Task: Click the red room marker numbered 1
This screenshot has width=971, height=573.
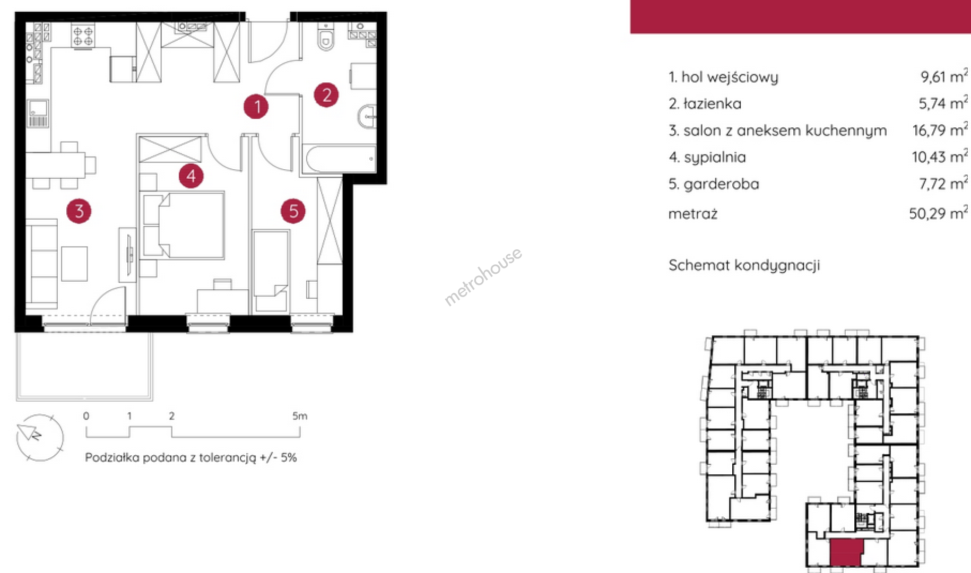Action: pos(256,107)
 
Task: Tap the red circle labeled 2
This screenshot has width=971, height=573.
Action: pos(326,95)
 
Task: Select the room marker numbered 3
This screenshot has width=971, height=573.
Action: pos(79,211)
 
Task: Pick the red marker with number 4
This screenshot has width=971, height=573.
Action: pos(191,176)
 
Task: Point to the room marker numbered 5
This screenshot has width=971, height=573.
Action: pos(293,211)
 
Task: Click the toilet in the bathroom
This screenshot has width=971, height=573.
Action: pos(325,37)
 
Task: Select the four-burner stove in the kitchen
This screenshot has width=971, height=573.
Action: pos(83,36)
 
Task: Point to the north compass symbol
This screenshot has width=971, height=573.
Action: pos(40,437)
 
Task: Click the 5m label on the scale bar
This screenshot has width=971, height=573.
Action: pos(300,416)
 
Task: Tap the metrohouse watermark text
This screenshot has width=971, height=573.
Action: pos(483,276)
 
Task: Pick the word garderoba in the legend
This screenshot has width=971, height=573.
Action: pos(721,184)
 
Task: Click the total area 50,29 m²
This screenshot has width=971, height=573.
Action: pos(938,213)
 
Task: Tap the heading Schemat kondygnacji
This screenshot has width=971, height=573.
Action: pos(744,265)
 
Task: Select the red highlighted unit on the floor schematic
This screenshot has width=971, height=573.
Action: pos(846,552)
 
